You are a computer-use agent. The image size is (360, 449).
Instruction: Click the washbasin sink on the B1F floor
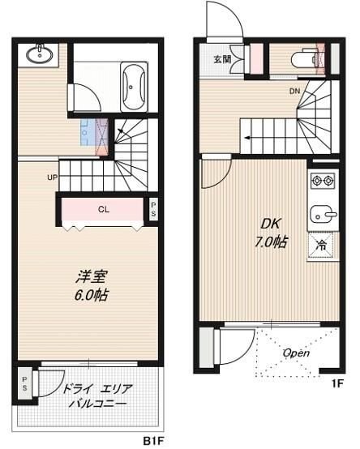tap(39, 54)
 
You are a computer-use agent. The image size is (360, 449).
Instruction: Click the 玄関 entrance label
tap(222, 59)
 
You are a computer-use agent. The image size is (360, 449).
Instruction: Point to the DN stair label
tap(294, 90)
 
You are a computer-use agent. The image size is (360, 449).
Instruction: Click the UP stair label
tap(52, 177)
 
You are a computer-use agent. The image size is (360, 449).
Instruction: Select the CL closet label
tap(104, 209)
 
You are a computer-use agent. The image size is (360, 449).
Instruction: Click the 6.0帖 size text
tap(88, 295)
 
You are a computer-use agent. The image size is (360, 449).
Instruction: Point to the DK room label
tap(269, 224)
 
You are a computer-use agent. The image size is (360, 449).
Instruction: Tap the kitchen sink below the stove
tap(322, 214)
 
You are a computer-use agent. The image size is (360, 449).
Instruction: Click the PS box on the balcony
tap(25, 382)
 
